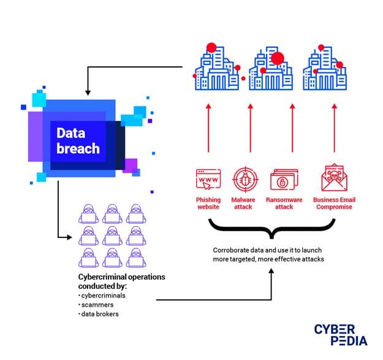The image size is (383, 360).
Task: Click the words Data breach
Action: (78, 140)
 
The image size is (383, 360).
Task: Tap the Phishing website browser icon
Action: (208, 179)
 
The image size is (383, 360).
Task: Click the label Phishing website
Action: (208, 203)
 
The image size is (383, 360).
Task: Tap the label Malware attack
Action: (243, 203)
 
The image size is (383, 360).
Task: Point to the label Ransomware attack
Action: (284, 203)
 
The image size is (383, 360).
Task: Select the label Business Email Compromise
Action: (334, 203)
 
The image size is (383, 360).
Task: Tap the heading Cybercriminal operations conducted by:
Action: (121, 281)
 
